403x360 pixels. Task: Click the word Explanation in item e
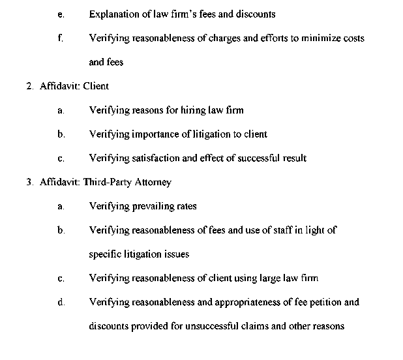coord(113,14)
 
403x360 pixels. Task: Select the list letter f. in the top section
coord(60,38)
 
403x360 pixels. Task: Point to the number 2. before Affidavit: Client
coord(29,86)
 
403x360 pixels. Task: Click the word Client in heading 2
coord(96,86)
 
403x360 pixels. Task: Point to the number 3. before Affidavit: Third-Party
coord(29,182)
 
